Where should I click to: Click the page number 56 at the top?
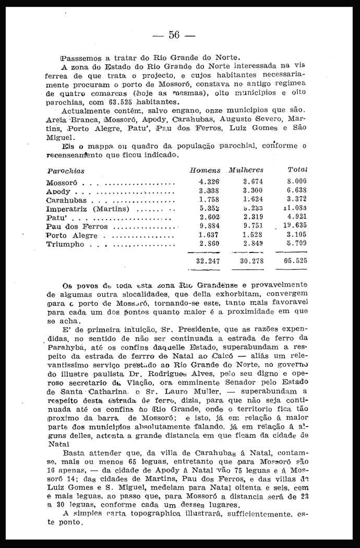click(174, 35)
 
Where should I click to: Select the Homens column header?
click(205, 170)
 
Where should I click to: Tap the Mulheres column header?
click(246, 170)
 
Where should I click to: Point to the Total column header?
click(297, 170)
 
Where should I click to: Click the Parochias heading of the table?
click(66, 171)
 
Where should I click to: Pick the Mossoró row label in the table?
click(62, 183)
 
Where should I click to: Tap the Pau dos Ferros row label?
click(77, 227)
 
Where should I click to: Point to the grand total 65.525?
click(295, 260)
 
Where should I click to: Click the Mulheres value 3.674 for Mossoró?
click(253, 182)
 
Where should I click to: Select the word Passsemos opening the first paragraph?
click(81, 57)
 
